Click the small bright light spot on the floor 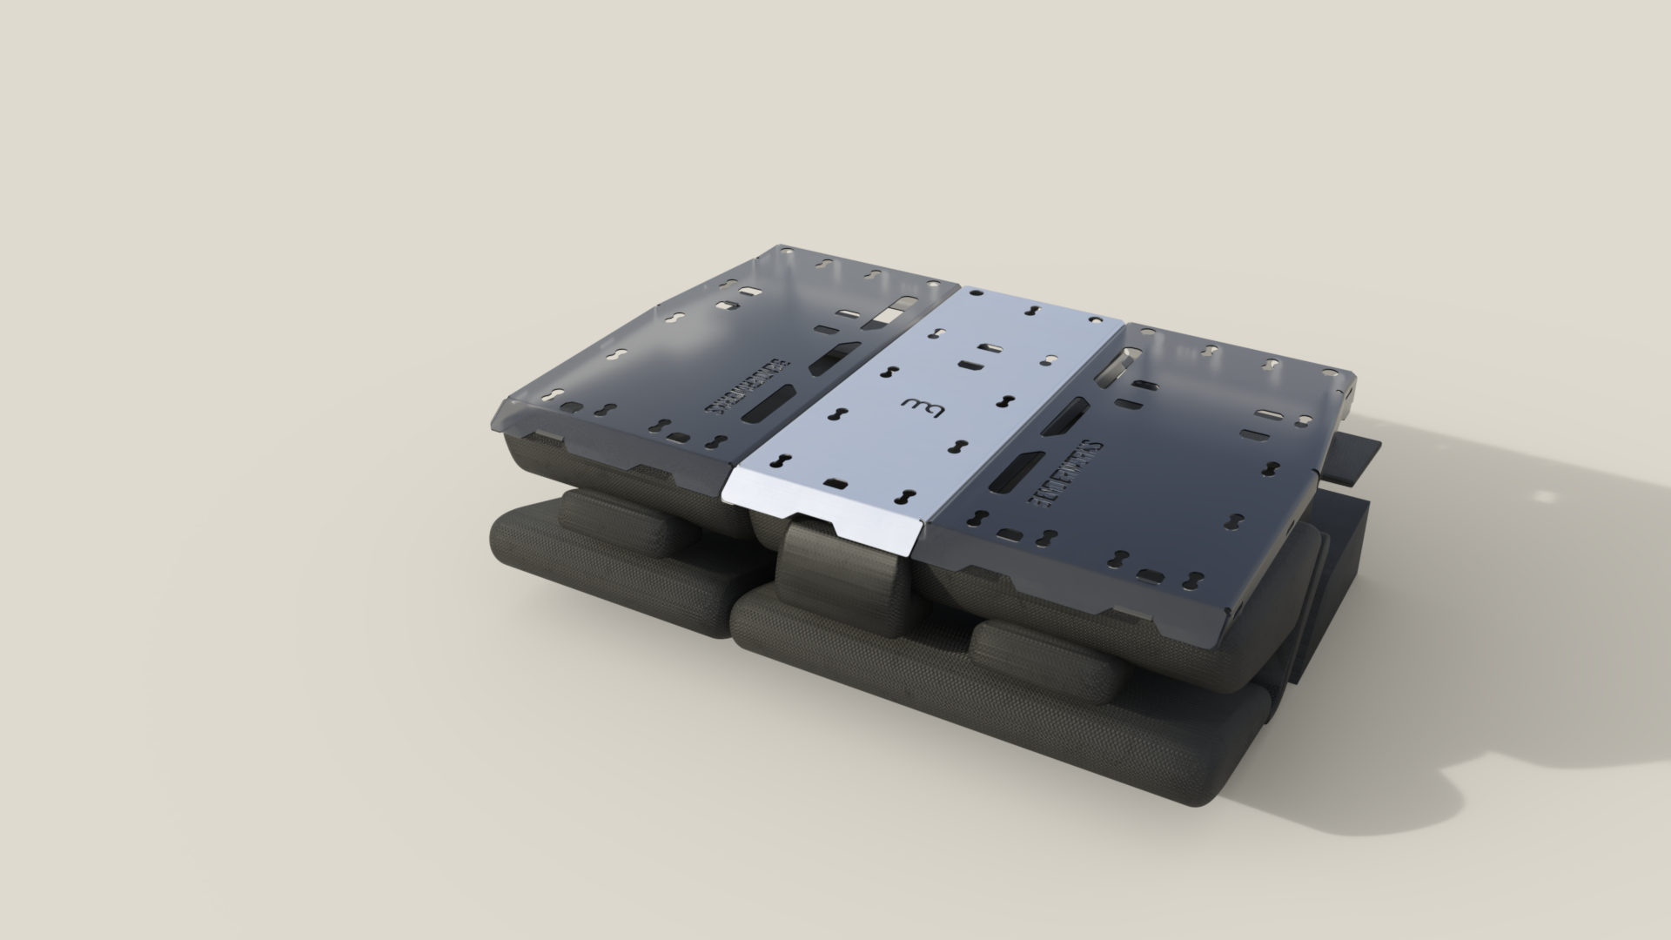click(x=1543, y=497)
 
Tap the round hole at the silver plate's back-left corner click(x=977, y=294)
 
